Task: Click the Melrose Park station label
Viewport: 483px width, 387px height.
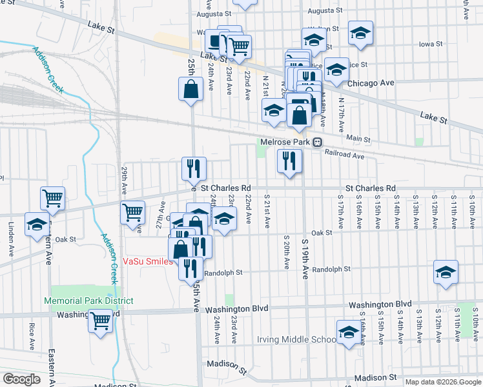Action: pyautogui.click(x=285, y=142)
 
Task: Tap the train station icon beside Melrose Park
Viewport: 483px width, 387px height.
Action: pyautogui.click(x=318, y=142)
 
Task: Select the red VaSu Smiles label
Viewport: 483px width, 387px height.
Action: pyautogui.click(x=148, y=261)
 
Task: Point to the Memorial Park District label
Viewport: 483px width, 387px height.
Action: pyautogui.click(x=88, y=301)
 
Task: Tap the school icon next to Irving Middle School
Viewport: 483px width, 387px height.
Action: pyautogui.click(x=349, y=332)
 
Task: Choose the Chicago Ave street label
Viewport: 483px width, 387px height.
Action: pyautogui.click(x=371, y=83)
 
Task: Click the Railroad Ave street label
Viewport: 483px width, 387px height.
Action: pyautogui.click(x=345, y=155)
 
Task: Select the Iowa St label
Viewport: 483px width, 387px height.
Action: pyautogui.click(x=430, y=45)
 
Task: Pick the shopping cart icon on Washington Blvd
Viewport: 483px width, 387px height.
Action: pyautogui.click(x=100, y=320)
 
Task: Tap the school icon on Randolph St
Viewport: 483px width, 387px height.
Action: pyautogui.click(x=446, y=272)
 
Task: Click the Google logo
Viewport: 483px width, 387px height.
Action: pyautogui.click(x=21, y=379)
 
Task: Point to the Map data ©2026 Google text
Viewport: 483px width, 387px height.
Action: pyautogui.click(x=442, y=381)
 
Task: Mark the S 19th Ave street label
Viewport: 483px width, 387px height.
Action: pyautogui.click(x=305, y=258)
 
